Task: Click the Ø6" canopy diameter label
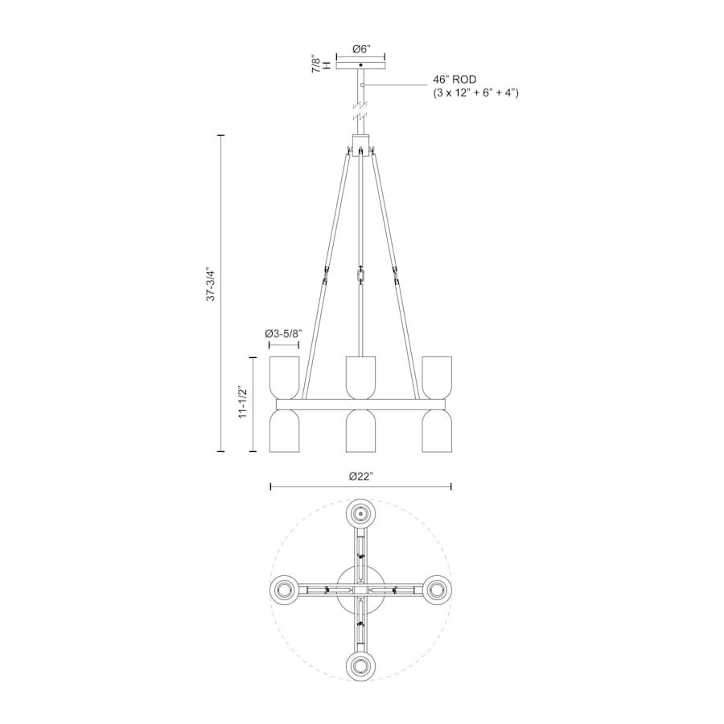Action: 360,49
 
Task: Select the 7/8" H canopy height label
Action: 321,65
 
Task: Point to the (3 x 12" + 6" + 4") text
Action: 475,93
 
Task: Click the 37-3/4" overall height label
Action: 211,284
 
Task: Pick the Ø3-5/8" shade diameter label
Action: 283,333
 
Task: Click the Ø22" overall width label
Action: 360,476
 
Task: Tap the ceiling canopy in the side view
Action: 360,64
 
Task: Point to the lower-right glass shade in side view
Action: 436,431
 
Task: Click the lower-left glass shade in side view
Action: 285,431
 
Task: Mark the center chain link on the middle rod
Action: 360,276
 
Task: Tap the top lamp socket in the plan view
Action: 360,513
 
